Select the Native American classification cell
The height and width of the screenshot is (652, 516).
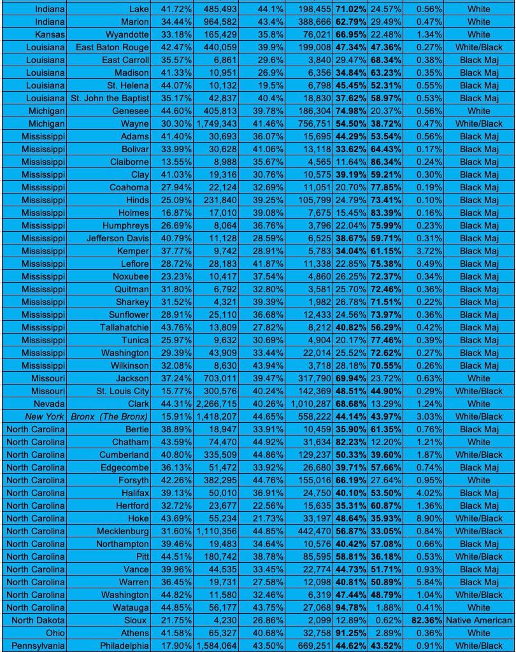(x=478, y=620)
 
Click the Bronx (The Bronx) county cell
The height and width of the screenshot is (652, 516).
(x=109, y=416)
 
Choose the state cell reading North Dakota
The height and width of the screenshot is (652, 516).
(x=38, y=620)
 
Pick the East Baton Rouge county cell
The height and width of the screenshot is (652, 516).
(x=112, y=47)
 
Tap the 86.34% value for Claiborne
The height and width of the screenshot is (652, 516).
(x=385, y=162)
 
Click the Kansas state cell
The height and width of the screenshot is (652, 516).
(x=49, y=34)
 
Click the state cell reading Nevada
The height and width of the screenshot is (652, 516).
(x=48, y=404)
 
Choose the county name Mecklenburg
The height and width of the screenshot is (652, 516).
(x=122, y=531)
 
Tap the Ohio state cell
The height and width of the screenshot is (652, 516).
(x=55, y=633)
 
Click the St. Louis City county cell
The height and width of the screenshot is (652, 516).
(x=122, y=391)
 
